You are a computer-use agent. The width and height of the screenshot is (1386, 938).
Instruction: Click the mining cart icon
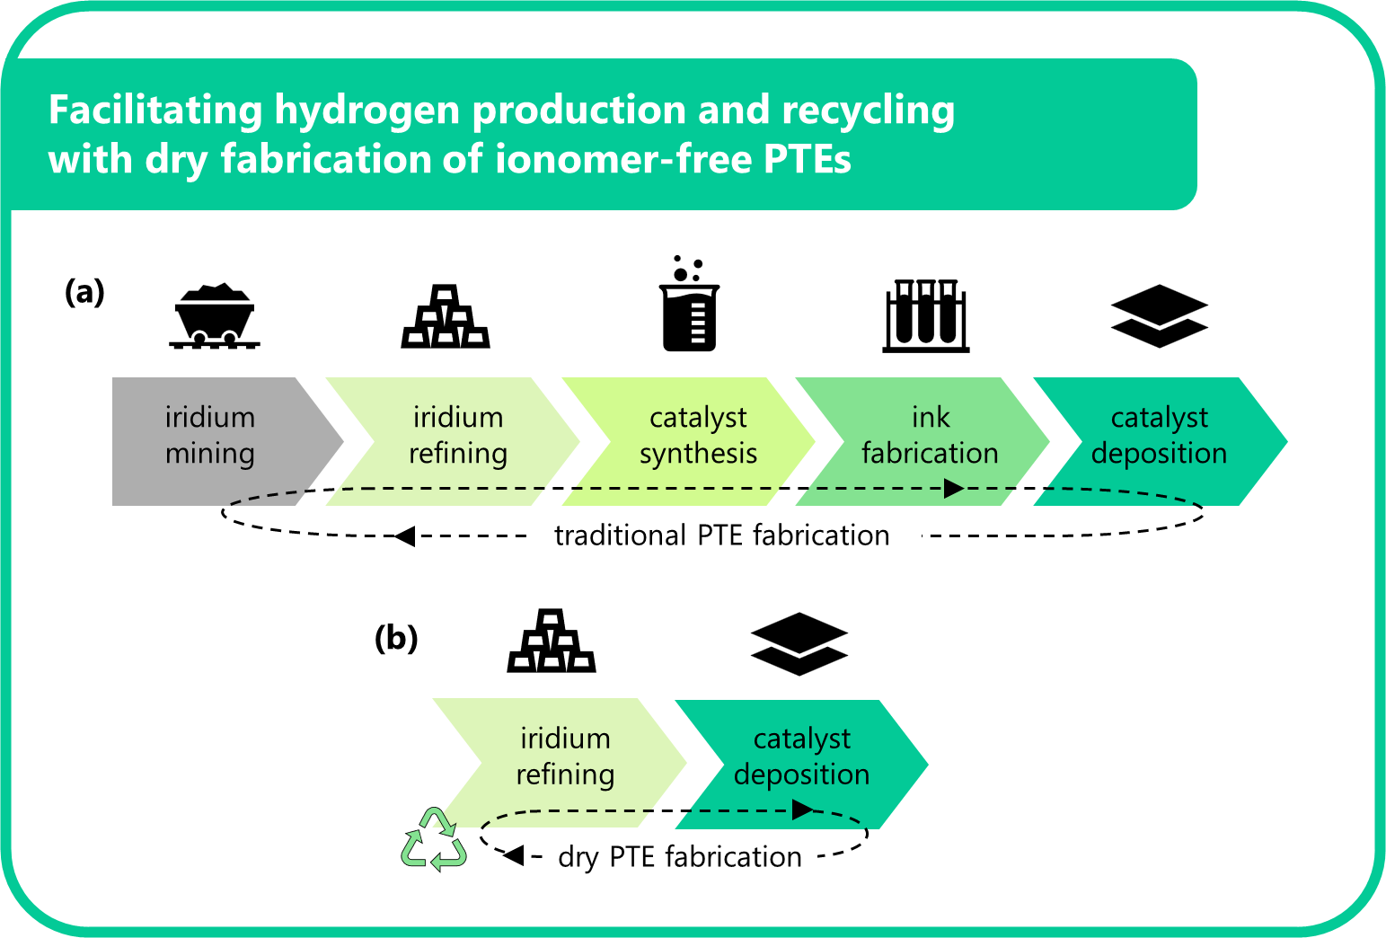point(214,315)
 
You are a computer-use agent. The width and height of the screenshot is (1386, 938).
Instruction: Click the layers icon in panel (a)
point(1160,316)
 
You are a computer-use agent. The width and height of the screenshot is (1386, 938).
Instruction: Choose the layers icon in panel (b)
point(799,643)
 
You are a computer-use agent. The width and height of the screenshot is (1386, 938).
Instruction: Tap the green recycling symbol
point(434,840)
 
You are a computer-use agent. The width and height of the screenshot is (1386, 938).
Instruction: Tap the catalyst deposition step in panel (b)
point(801,757)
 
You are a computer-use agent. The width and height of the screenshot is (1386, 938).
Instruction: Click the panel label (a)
point(85,292)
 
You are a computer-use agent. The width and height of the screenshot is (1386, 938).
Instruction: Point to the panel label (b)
point(396,638)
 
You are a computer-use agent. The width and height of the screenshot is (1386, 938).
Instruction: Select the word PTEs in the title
point(807,160)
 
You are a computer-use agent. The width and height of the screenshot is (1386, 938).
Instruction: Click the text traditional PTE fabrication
point(721,535)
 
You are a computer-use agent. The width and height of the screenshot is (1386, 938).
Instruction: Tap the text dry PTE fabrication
point(679,857)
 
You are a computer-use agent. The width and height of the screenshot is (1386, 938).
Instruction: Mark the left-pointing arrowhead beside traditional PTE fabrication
point(404,536)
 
